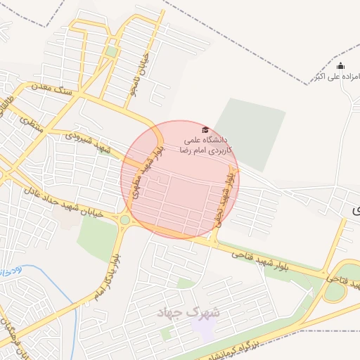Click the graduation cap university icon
(205, 129)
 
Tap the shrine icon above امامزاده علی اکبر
(340, 65)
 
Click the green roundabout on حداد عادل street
(124, 221)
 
